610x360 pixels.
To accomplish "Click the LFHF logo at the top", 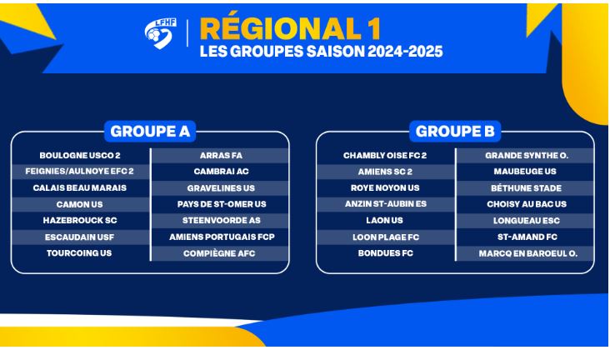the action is [160, 33].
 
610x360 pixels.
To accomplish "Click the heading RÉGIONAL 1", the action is [290, 29].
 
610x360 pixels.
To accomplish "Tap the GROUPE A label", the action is [150, 132].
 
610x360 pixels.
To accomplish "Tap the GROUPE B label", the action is [455, 132].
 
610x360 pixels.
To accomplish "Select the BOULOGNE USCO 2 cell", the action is [80, 156].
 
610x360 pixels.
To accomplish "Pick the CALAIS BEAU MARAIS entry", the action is [80, 188].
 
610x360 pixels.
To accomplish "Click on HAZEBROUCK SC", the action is [80, 220].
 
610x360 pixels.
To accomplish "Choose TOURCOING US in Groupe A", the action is [79, 253].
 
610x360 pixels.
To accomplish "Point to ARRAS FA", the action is [221, 156].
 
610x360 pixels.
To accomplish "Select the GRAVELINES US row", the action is [221, 188].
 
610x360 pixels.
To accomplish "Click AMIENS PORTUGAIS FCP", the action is [222, 237].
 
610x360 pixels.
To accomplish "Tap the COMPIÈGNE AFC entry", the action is [219, 253].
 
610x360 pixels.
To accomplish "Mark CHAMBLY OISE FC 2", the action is [385, 156].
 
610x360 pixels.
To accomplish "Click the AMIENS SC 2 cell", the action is [385, 172].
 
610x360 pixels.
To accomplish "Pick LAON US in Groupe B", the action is [384, 220].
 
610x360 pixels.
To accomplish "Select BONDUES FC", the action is [386, 253].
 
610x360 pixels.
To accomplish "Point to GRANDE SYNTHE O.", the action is [527, 156].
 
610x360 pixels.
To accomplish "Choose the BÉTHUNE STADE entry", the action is [527, 188].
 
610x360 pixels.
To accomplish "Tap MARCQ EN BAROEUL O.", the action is [527, 253].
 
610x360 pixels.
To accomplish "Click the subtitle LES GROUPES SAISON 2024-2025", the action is [322, 52].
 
